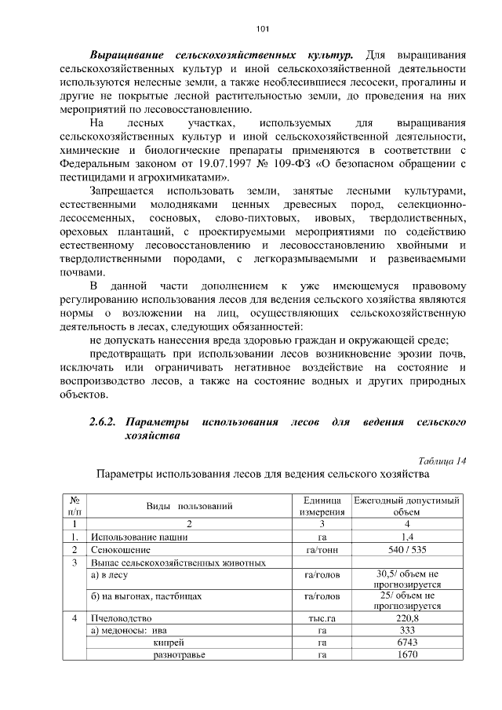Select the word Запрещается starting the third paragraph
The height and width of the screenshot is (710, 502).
pyautogui.click(x=122, y=191)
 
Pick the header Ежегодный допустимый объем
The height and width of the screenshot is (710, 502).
pyautogui.click(x=406, y=506)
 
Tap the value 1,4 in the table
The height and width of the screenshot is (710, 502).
pyautogui.click(x=406, y=537)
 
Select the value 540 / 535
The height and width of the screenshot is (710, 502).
pyautogui.click(x=406, y=550)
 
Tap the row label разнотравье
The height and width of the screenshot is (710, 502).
pyautogui.click(x=180, y=655)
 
